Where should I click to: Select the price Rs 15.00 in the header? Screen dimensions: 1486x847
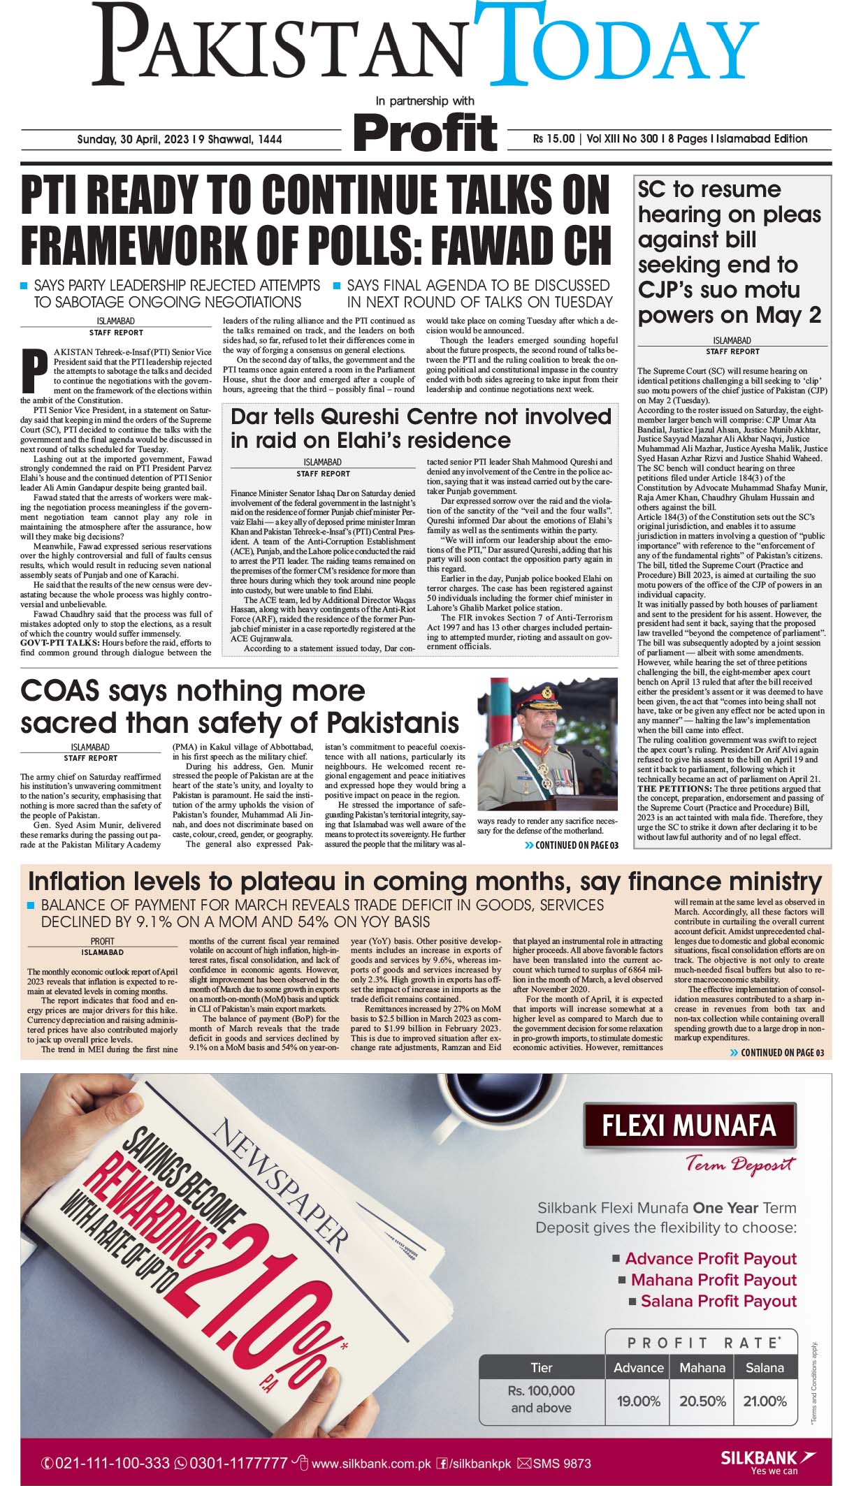click(x=553, y=139)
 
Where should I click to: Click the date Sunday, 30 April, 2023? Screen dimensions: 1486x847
click(x=133, y=140)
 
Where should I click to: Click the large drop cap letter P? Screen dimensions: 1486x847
click(x=34, y=370)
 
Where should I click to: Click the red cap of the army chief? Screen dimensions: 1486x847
click(x=543, y=695)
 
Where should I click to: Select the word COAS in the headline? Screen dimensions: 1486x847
click(x=59, y=691)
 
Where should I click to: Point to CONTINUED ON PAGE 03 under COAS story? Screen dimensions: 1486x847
click(x=572, y=845)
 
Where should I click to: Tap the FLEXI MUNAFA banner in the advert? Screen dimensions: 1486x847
click(x=688, y=1126)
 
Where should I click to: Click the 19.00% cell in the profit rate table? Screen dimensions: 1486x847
click(x=638, y=1401)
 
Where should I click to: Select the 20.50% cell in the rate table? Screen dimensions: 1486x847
click(x=702, y=1401)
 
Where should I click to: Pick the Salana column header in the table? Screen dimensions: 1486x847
click(x=765, y=1367)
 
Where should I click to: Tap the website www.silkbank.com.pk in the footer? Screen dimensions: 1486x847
click(x=370, y=1463)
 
